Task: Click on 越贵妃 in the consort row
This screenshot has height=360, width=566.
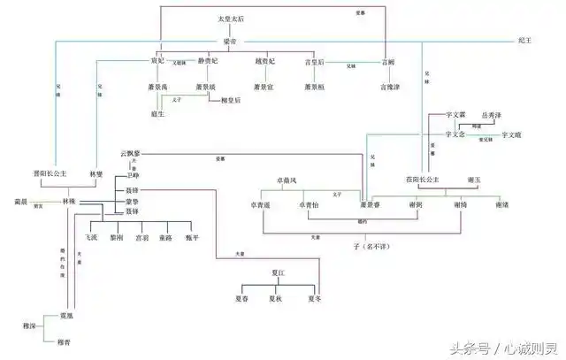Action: (265, 63)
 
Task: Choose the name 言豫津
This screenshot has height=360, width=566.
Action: (391, 88)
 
